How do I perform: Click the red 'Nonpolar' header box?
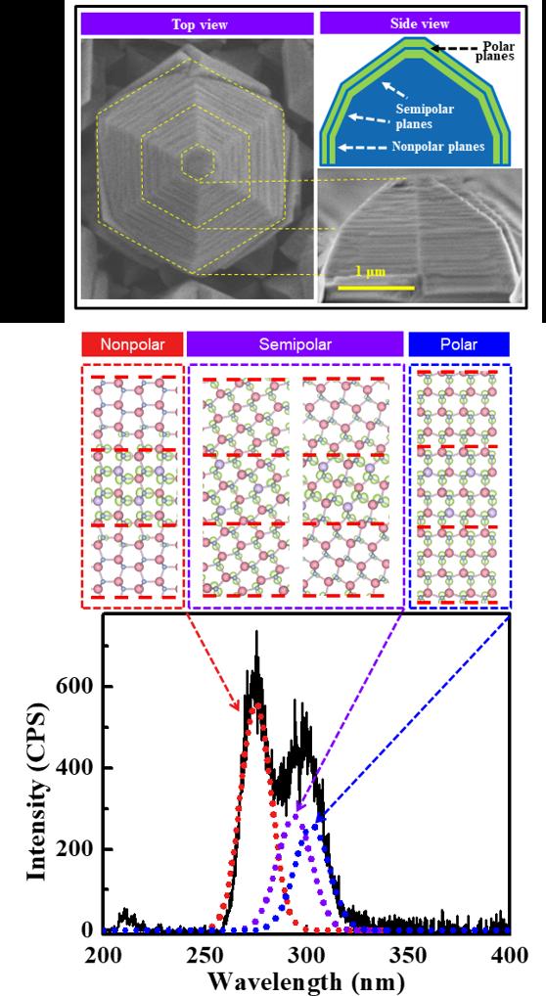tap(131, 343)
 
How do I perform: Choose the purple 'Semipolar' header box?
tap(295, 343)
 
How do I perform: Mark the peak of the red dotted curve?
tap(256, 703)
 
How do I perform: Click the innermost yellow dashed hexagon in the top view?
tap(200, 162)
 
